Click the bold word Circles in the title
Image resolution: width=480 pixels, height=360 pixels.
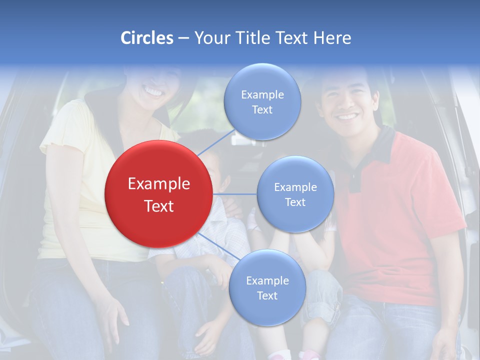click(146, 38)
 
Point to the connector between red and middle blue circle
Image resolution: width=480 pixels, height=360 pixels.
click(234, 193)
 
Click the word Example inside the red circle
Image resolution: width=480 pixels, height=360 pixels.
click(159, 184)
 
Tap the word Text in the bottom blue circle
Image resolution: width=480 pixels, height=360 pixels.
click(267, 295)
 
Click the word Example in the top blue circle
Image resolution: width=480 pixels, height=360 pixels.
click(262, 94)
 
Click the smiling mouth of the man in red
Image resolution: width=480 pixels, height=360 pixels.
click(347, 117)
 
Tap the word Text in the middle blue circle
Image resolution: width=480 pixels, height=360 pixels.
click(295, 202)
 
